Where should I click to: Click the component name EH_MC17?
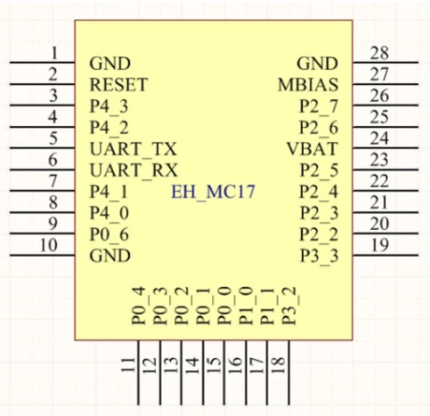[212, 192]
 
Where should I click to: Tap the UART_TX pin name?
[133, 149]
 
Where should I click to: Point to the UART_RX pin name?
[133, 171]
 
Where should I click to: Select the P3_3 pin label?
[318, 256]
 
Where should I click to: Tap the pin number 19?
[379, 244]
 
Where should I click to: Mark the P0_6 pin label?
[109, 235]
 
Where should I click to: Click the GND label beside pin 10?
[109, 256]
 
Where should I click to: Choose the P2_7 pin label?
[318, 106]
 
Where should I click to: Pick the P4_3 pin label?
[109, 106]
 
